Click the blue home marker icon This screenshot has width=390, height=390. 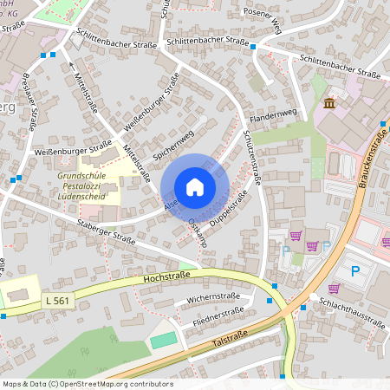pos(195,187)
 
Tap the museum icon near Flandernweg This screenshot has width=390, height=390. pos(329,105)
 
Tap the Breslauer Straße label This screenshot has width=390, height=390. pos(27,104)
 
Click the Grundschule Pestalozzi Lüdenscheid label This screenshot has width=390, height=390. pos(86,184)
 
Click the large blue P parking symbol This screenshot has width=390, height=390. pos(355,270)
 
